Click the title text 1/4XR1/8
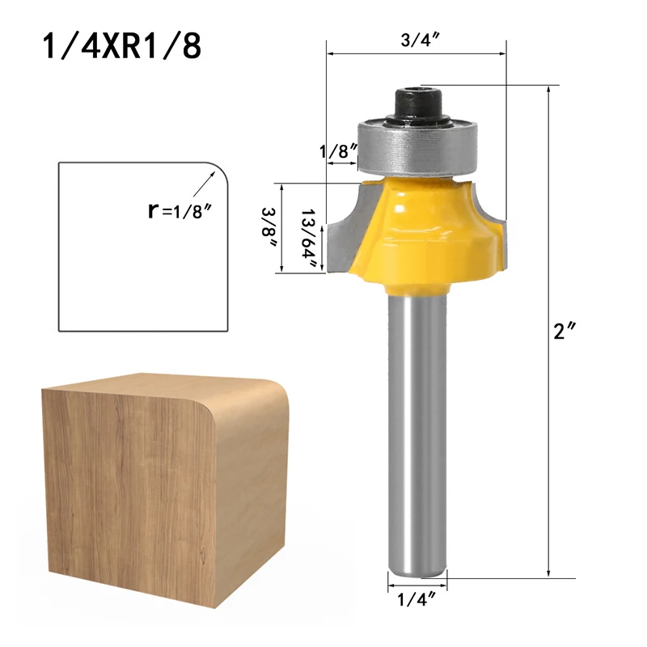tap(121, 46)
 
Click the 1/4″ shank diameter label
tap(417, 598)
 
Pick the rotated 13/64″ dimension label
tap(312, 229)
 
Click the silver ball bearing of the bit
tap(417, 146)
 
